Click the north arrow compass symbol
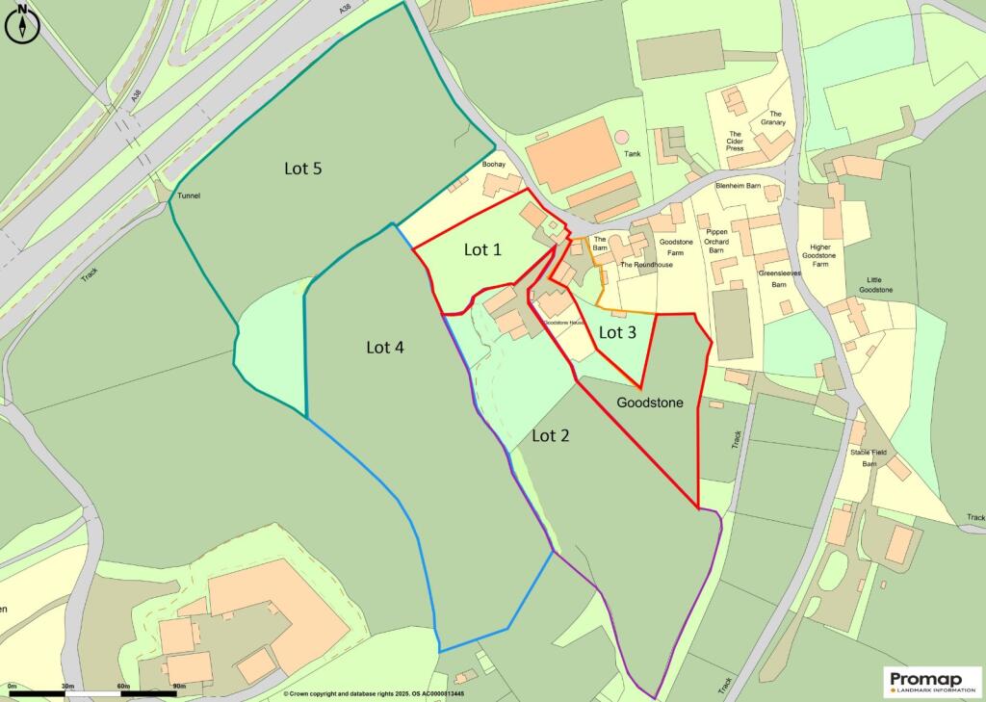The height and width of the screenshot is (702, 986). pyautogui.click(x=22, y=25)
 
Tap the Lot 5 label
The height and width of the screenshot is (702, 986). pyautogui.click(x=302, y=169)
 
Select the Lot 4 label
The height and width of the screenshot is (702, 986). pyautogui.click(x=384, y=347)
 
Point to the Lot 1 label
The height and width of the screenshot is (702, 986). pyautogui.click(x=482, y=249)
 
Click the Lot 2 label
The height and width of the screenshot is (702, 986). pyautogui.click(x=550, y=435)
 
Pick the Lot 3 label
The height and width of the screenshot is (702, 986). pyautogui.click(x=617, y=333)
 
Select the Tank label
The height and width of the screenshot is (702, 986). pyautogui.click(x=632, y=153)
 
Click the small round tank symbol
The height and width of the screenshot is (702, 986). pyautogui.click(x=621, y=137)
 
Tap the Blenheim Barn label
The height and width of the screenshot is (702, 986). pyautogui.click(x=739, y=186)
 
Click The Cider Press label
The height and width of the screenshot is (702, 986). pyautogui.click(x=735, y=142)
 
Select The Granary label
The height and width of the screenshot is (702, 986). pyautogui.click(x=771, y=118)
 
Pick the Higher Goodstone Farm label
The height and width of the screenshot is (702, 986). pyautogui.click(x=820, y=255)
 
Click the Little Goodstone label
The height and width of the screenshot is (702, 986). pyautogui.click(x=875, y=284)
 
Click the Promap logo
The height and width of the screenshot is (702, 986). pyautogui.click(x=931, y=681)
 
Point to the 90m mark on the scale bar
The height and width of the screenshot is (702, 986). pyautogui.click(x=177, y=686)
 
